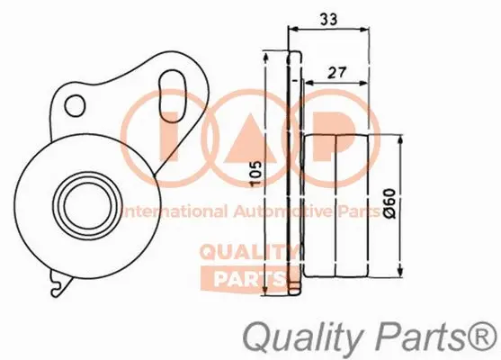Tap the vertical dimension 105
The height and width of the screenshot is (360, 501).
(x=257, y=171)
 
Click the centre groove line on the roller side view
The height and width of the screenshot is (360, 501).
(x=334, y=202)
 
